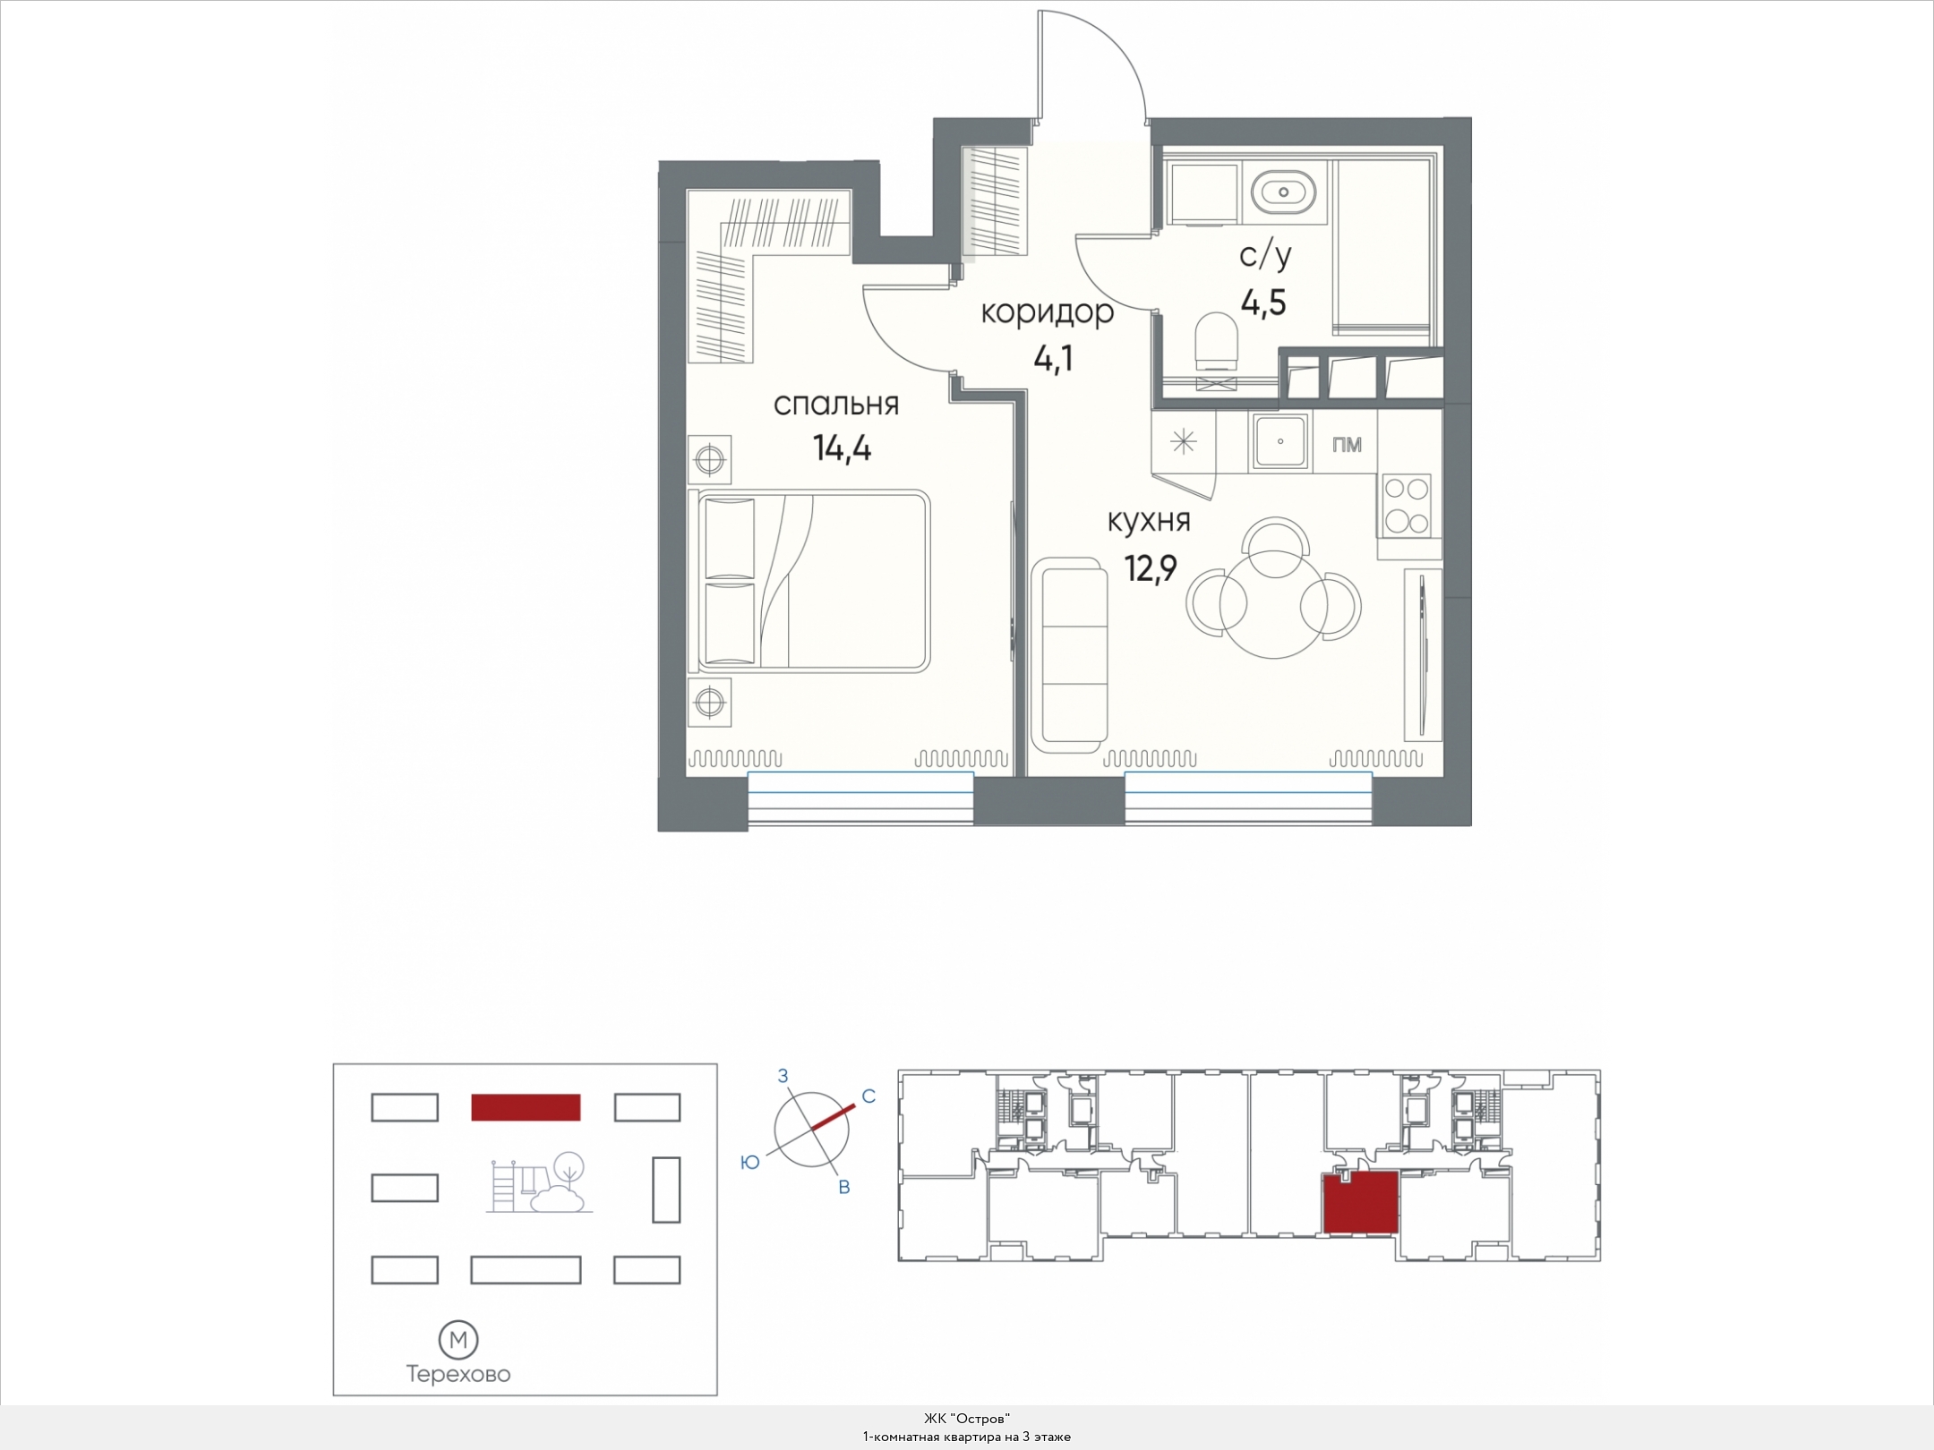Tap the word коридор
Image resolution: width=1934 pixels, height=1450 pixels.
tap(1048, 312)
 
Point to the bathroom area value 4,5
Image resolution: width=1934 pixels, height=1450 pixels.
tap(1263, 303)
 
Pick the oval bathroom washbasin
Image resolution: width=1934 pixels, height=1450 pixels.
tap(1284, 192)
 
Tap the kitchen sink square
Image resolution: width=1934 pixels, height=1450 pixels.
tap(1280, 442)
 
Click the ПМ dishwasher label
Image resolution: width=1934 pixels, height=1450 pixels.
tap(1347, 444)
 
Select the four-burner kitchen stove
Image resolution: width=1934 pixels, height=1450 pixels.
tap(1406, 505)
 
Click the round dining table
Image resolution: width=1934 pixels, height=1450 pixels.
tap(1272, 605)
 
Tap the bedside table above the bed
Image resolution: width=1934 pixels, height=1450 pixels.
tap(710, 460)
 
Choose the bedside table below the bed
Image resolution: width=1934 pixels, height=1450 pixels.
tap(710, 702)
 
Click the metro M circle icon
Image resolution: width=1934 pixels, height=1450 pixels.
tap(458, 1340)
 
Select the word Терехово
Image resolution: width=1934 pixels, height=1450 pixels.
tap(458, 1374)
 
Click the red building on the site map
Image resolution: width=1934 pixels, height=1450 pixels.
tap(526, 1107)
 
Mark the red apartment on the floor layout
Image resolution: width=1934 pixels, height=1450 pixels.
tap(1361, 1203)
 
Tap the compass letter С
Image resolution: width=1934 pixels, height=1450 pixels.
tap(868, 1096)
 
